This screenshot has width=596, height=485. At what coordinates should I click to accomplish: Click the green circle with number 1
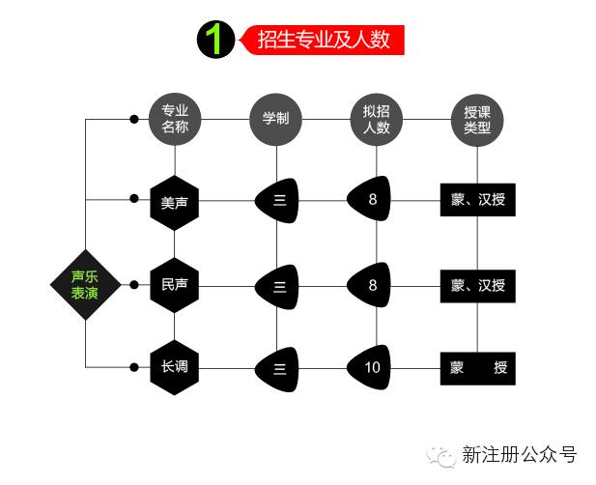215,39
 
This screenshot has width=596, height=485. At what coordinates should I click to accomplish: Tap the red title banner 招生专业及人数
324,39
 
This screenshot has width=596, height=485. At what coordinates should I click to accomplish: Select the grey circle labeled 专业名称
175,119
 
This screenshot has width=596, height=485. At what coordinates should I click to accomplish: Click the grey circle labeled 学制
276,119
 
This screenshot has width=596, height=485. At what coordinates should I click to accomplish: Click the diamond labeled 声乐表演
85,284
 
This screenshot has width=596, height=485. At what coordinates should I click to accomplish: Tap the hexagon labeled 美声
175,201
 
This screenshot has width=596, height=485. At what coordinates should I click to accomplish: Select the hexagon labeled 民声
175,284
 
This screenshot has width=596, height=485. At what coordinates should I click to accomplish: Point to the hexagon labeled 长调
175,367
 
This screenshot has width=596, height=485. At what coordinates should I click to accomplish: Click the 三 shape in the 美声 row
278,201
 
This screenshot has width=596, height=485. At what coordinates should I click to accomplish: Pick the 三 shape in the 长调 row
278,367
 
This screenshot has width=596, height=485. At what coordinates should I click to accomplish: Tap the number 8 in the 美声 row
373,200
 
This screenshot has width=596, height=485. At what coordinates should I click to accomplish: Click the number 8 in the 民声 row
373,284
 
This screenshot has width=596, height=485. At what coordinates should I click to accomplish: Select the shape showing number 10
373,367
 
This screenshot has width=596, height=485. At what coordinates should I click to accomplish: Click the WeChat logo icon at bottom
444,454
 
